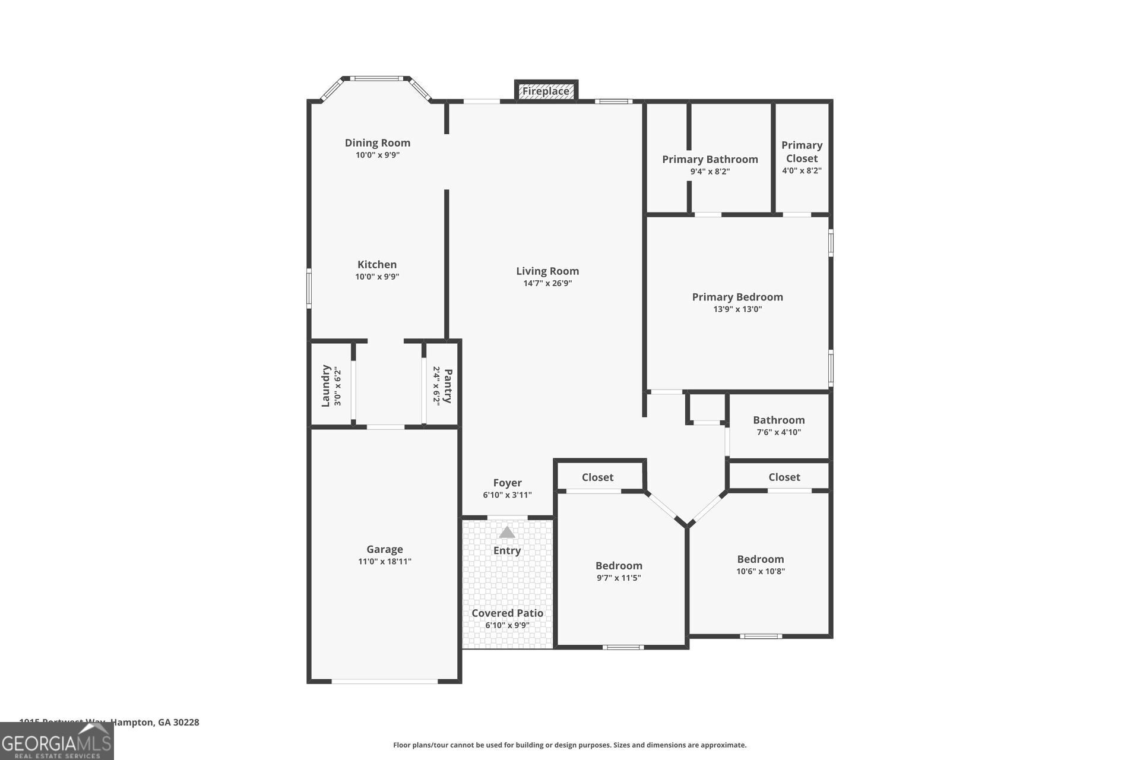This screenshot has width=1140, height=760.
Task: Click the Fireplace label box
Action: (546, 91)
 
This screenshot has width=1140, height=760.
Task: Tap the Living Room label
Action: (547, 271)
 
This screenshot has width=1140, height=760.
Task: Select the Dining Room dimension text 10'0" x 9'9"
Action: (378, 155)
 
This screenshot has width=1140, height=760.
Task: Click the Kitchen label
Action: (377, 265)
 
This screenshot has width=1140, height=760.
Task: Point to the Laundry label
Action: (325, 386)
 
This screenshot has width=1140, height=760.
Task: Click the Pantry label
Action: (448, 386)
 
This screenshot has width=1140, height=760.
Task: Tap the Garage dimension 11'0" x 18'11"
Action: (384, 562)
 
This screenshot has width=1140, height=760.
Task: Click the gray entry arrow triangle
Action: (506, 532)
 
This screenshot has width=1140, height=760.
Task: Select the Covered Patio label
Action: (507, 613)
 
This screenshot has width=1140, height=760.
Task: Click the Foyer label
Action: (507, 483)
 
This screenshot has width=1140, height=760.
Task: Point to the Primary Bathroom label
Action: (710, 159)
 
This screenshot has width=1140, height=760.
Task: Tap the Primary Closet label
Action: (802, 152)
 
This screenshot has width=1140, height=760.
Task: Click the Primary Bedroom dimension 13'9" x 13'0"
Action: (737, 309)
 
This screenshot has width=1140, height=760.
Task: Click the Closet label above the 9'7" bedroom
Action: (597, 477)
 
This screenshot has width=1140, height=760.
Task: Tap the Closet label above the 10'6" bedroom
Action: (784, 477)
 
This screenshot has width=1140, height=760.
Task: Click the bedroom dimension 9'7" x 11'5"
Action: (619, 578)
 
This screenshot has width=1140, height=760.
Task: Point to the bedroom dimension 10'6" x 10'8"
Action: (760, 572)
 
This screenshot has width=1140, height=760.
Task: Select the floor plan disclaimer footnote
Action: (569, 745)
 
